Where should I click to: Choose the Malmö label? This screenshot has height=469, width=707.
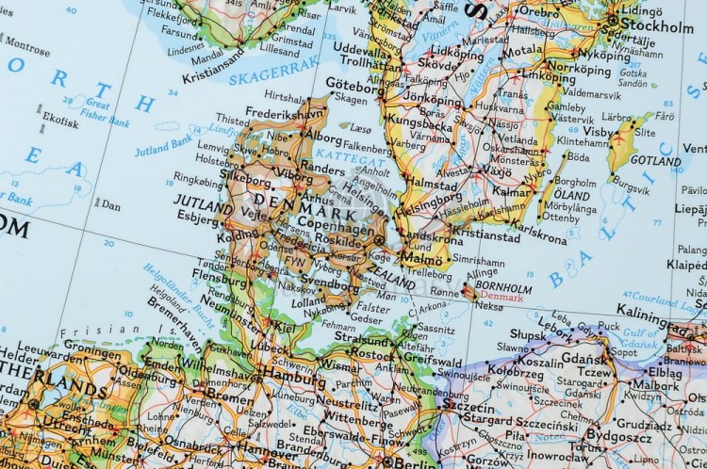click(421, 257)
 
